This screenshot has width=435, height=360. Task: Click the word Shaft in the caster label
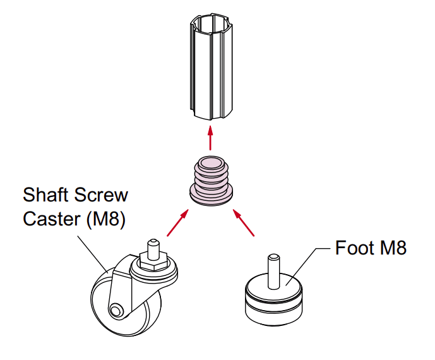click(x=46, y=195)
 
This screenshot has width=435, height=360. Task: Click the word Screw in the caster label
click(x=101, y=195)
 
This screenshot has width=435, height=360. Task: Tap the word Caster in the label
click(x=52, y=219)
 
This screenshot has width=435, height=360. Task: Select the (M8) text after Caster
click(x=106, y=220)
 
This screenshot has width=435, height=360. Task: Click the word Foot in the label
click(x=355, y=248)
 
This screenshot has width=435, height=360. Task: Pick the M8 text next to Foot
click(x=394, y=248)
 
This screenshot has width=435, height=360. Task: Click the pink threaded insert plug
click(x=211, y=181)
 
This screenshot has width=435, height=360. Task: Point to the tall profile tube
click(x=211, y=66)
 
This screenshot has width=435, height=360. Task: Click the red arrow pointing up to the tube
click(x=211, y=138)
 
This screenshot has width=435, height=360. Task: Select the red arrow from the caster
click(x=178, y=223)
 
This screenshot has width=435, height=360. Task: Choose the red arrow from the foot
click(x=243, y=222)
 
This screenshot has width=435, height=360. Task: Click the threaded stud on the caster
click(x=153, y=248)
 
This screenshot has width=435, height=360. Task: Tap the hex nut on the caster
click(x=153, y=261)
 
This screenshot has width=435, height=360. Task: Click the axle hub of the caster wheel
click(x=116, y=310)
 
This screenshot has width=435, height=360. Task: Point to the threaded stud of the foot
click(x=273, y=272)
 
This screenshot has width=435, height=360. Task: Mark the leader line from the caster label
click(x=93, y=255)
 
